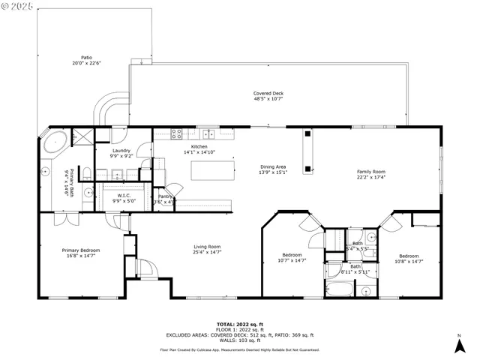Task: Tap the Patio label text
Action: (x=88, y=57)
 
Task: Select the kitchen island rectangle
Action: (x=209, y=170)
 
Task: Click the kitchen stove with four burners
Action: (x=178, y=135)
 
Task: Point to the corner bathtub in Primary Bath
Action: (x=52, y=142)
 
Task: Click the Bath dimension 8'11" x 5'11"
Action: (x=355, y=271)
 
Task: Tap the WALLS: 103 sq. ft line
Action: (x=238, y=340)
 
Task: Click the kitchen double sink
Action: (x=210, y=135)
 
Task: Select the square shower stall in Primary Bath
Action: (x=81, y=137)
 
